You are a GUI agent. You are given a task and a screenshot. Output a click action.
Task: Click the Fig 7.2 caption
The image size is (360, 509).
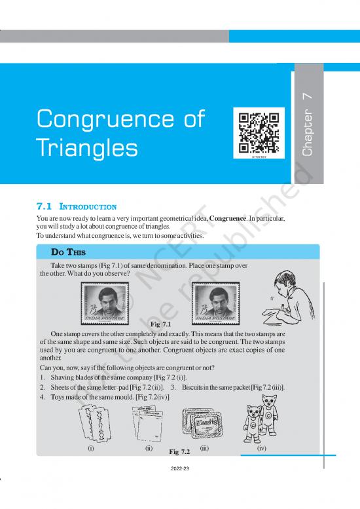[179, 452]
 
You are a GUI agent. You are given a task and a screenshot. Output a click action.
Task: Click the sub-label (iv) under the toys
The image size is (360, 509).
[261, 449]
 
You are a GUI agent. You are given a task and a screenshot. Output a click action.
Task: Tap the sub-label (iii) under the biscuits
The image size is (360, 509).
[204, 449]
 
